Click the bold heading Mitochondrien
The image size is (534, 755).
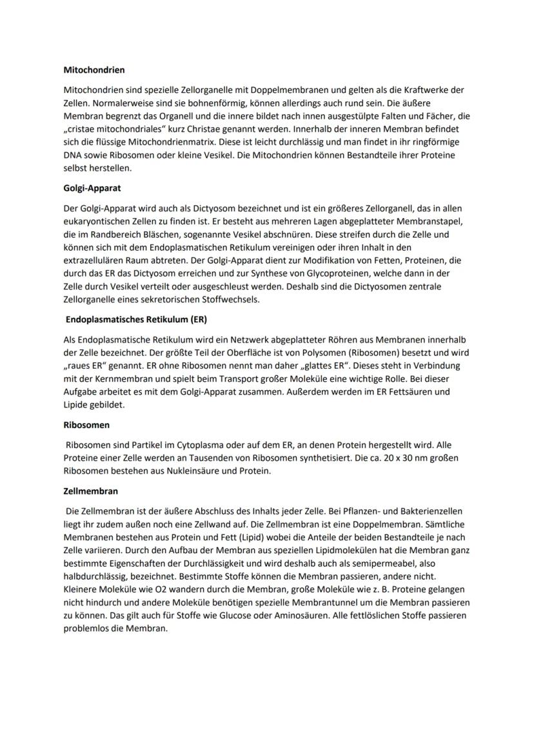coord(94,69)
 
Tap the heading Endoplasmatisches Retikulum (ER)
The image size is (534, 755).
coord(137,319)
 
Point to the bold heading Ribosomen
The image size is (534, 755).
coord(86,426)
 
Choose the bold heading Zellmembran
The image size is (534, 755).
coord(91,491)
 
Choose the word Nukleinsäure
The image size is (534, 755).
coord(177,471)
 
